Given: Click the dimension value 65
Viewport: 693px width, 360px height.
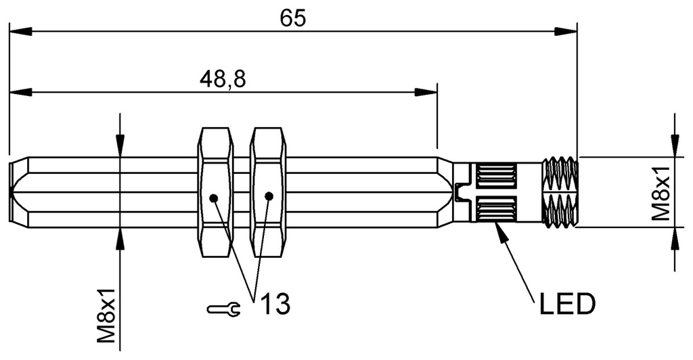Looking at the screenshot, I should click(293, 18).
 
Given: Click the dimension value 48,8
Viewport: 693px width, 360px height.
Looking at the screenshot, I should click(222, 78).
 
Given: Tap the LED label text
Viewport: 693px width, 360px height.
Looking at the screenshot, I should click(567, 305).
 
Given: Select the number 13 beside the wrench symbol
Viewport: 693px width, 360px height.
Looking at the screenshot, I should click(274, 304).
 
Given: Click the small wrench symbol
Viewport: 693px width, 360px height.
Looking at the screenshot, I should click(223, 309).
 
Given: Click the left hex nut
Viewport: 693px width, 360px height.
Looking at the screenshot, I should click(215, 193).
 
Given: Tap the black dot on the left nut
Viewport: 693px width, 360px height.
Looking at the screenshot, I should click(214, 198).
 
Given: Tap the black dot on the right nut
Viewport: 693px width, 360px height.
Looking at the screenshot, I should click(269, 196).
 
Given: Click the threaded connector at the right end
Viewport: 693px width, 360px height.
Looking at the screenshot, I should click(560, 192).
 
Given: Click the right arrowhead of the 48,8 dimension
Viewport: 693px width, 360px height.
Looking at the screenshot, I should click(426, 91).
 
